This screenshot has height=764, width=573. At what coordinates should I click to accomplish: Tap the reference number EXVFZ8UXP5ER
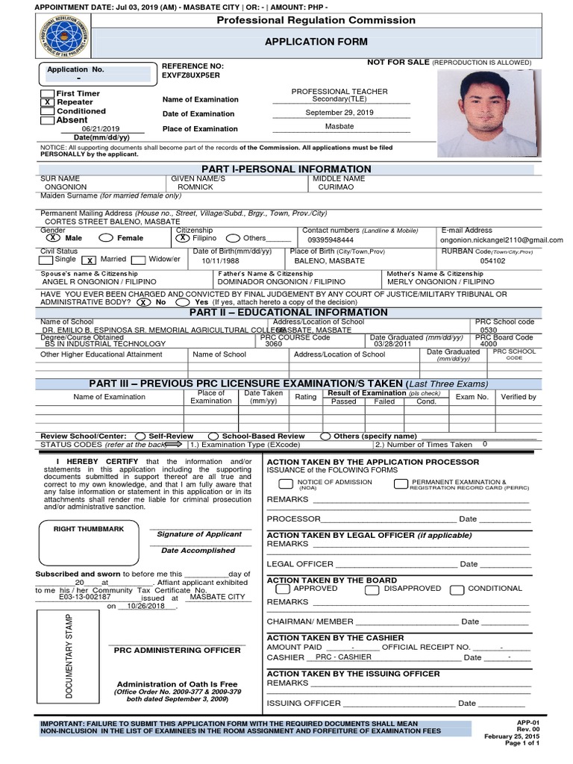[x=191, y=75]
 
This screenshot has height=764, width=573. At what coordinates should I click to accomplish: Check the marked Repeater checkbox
[x=46, y=102]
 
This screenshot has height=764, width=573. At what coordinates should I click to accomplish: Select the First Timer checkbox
[x=46, y=93]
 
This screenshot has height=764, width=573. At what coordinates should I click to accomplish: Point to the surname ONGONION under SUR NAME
[x=66, y=187]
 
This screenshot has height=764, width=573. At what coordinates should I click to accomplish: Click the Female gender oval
[x=106, y=238]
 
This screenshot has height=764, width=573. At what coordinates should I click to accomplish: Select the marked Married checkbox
[x=88, y=260]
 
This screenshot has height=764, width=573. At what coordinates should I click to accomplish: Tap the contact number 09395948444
[x=331, y=240]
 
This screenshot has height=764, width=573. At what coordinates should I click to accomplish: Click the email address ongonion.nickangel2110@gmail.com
[x=501, y=240]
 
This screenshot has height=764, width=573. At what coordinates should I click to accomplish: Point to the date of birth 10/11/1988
[x=220, y=261]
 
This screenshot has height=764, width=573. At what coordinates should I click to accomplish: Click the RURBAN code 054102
[x=492, y=261]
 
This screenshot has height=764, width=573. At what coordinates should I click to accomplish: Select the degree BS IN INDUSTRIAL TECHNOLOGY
[x=94, y=344]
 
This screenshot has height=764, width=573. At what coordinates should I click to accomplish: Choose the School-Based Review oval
[x=213, y=436]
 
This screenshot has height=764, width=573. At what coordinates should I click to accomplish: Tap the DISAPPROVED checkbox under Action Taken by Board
[x=372, y=589]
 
